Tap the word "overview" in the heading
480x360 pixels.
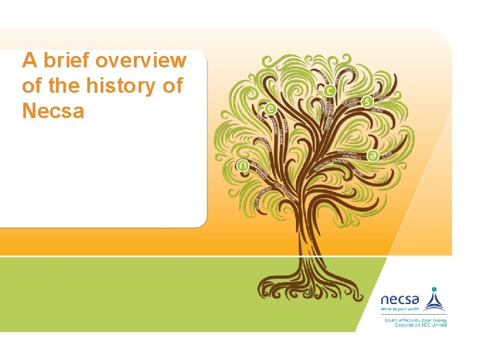(x=141, y=61)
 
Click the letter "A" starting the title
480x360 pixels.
(x=29, y=61)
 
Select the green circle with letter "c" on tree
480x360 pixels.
(x=329, y=90)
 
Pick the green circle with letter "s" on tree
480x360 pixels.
(x=367, y=102)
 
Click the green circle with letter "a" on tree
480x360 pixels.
(x=373, y=155)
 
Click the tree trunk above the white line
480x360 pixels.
(x=309, y=233)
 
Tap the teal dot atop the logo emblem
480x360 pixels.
(x=434, y=290)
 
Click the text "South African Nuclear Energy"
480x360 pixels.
(x=415, y=320)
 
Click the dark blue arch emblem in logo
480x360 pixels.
(x=434, y=303)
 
